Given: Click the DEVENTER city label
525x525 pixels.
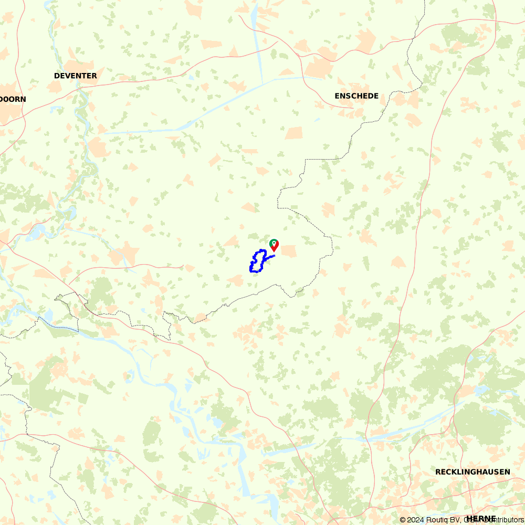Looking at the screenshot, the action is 76,76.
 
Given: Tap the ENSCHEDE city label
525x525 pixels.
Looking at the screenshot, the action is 356,96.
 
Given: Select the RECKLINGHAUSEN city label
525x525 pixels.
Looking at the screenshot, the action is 472,472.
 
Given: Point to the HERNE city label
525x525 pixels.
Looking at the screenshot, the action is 480,519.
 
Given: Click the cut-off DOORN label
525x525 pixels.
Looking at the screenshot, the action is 13,99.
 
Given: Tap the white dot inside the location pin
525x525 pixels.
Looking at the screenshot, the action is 274,243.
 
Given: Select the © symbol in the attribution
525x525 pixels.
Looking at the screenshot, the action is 403,520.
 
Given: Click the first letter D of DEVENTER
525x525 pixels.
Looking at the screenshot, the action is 57,76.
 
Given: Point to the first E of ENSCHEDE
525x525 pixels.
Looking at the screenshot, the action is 338,96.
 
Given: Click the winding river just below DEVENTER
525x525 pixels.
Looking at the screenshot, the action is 82,105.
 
